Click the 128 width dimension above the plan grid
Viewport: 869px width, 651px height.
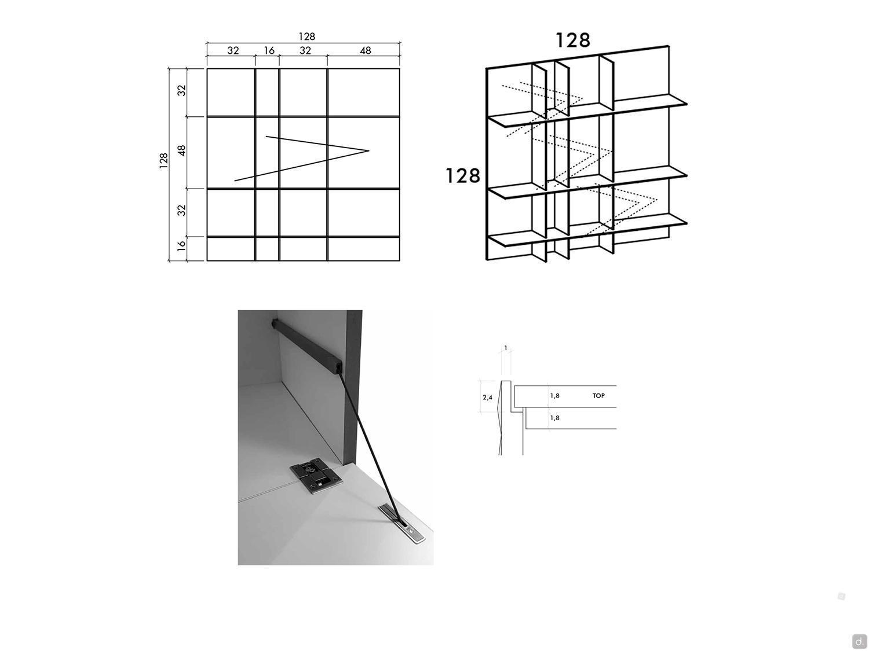point(306,37)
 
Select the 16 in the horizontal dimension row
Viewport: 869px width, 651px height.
point(269,50)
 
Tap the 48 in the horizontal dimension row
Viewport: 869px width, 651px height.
point(365,50)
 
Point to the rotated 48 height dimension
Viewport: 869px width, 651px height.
point(181,150)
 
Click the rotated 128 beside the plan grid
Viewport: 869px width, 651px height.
point(163,161)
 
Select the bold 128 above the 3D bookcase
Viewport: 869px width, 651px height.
point(572,40)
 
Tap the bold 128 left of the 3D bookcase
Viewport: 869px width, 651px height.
point(463,175)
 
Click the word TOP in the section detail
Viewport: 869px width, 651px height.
point(598,395)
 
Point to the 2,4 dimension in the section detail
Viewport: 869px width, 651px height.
point(487,397)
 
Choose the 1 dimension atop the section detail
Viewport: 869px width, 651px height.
point(506,348)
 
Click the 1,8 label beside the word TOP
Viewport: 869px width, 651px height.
point(554,395)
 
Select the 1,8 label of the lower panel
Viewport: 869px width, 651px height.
point(554,418)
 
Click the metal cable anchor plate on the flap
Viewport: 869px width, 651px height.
point(403,524)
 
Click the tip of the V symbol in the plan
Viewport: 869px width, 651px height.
point(369,150)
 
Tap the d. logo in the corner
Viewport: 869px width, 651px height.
point(858,640)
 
